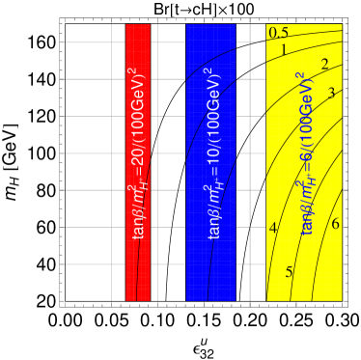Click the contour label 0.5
coord(280,34)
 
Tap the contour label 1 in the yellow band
coord(284,50)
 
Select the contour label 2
coord(325,65)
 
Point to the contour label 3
coord(331,93)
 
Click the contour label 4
coord(273,228)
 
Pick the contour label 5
coord(289,272)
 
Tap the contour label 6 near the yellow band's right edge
coord(335,224)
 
